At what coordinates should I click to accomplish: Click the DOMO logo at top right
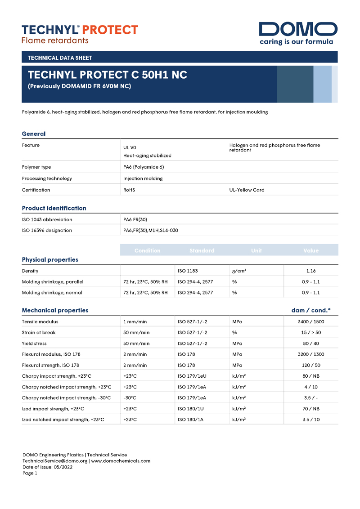[x=298, y=33]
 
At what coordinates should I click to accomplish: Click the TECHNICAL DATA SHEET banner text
[x=60, y=58]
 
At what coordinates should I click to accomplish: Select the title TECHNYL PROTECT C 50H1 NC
[x=108, y=75]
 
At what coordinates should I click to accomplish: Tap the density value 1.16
[x=311, y=271]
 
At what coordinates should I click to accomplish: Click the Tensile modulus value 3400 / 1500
[x=311, y=322]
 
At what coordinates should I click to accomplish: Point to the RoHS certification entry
[x=129, y=190]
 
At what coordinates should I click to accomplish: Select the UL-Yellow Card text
[x=247, y=190]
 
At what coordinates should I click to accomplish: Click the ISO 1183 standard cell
[x=188, y=271]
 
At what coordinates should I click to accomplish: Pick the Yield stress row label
[x=36, y=344]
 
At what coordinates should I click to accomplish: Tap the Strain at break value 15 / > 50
[x=311, y=333]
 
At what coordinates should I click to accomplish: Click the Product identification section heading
[x=54, y=208]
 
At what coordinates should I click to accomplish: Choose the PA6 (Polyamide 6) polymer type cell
[x=144, y=167]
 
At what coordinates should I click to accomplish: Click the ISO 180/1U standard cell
[x=190, y=409]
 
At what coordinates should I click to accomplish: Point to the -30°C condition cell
[x=130, y=398]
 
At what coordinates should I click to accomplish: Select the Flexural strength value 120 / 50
[x=311, y=365]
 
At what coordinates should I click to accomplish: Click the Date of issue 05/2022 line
[x=47, y=467]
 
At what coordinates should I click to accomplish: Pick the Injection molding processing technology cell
[x=143, y=179]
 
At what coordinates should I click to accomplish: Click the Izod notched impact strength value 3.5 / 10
[x=311, y=420]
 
